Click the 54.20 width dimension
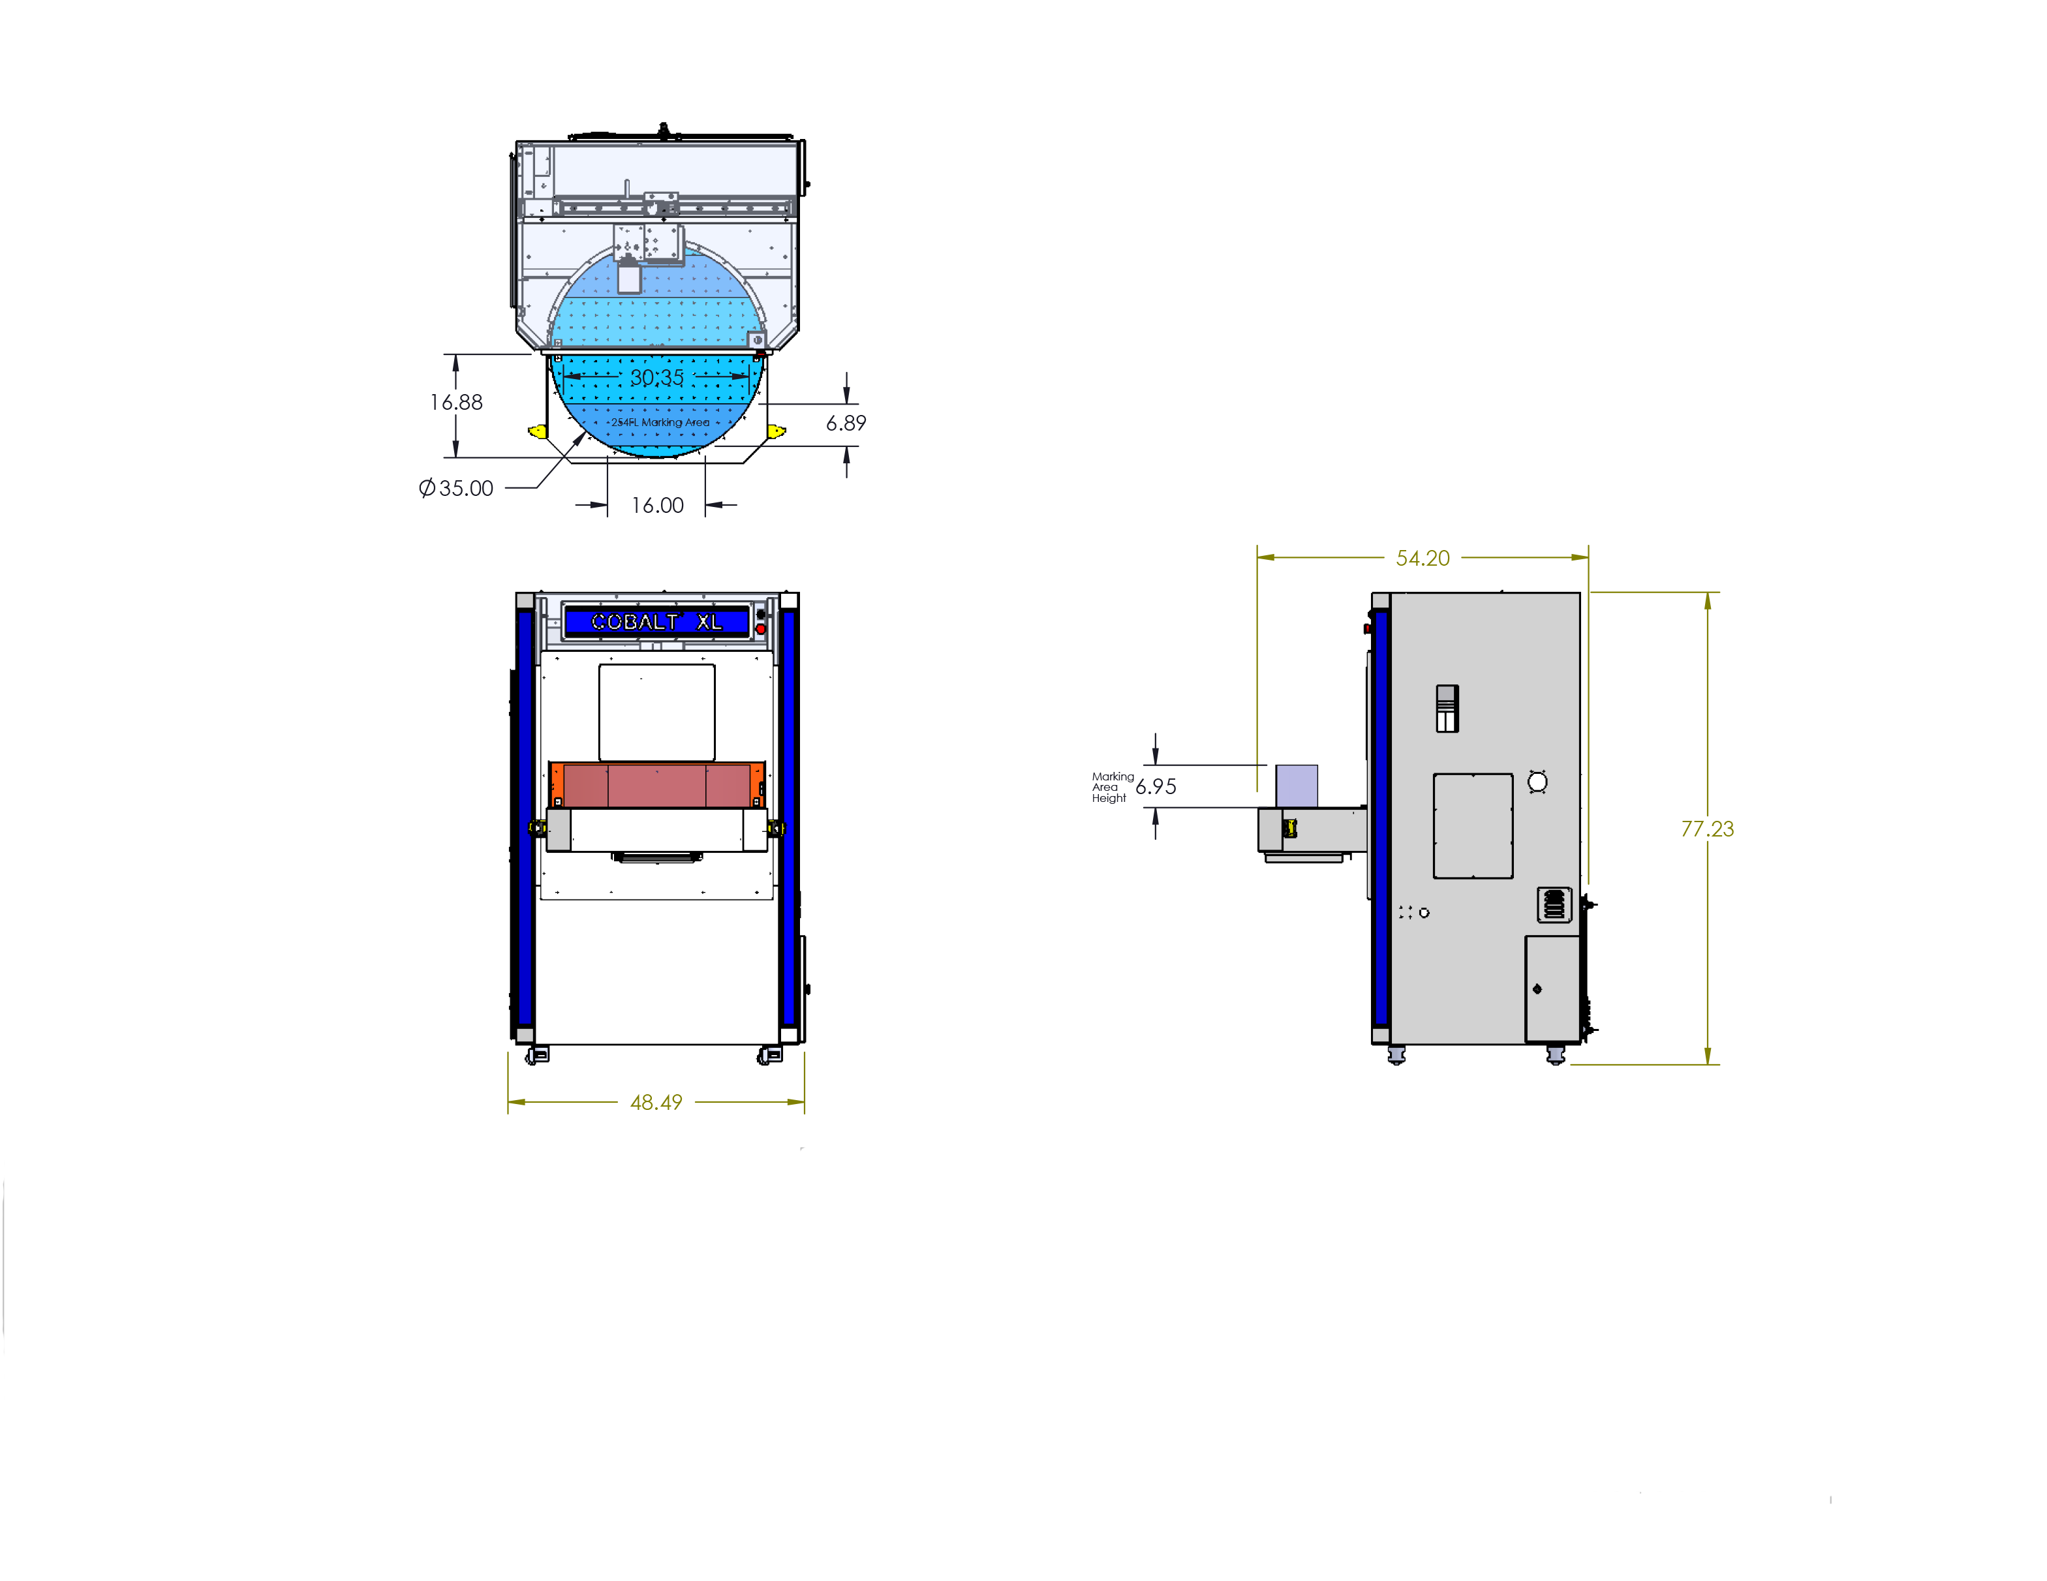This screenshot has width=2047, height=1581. (x=1422, y=559)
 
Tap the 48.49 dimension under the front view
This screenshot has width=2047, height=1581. (x=656, y=1102)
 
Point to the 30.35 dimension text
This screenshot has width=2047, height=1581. (x=656, y=378)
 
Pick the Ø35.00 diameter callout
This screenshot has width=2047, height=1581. (x=457, y=488)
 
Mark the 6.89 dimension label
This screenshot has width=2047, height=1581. (x=846, y=423)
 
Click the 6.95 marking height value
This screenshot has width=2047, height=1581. (x=1156, y=787)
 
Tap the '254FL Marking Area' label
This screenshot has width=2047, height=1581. (x=660, y=423)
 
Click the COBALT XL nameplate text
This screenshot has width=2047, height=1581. (x=656, y=621)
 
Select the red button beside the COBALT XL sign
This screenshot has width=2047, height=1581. (x=760, y=629)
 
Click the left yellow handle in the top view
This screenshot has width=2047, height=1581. (x=537, y=431)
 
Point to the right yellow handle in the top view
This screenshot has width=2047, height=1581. (x=776, y=431)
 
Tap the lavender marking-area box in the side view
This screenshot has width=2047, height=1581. (x=1296, y=784)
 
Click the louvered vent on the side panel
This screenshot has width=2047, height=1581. (x=1554, y=904)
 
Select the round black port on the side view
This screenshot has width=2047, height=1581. (x=1537, y=782)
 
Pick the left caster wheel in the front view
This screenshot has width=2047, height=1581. (x=537, y=1056)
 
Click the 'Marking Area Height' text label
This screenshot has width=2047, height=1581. (x=1112, y=787)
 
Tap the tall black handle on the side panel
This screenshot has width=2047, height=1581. (x=1447, y=709)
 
